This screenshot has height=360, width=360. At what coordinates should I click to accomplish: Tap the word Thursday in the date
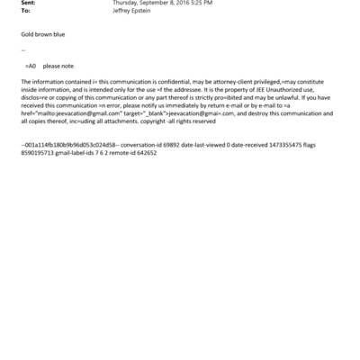coord(126,4)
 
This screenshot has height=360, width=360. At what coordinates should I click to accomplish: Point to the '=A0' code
coord(31,67)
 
